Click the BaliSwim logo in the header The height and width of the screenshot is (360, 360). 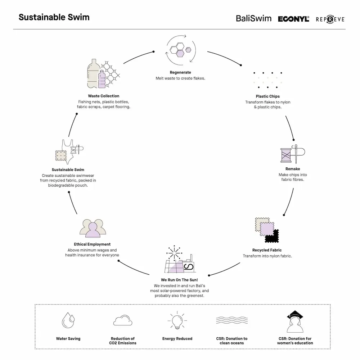click(253, 18)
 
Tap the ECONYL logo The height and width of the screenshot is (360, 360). click(293, 19)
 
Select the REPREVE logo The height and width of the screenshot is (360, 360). click(330, 19)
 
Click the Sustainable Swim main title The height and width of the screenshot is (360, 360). click(54, 17)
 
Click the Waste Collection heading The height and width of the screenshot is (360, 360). click(104, 96)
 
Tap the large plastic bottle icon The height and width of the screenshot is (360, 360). click(93, 73)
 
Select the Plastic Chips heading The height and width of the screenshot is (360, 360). click(268, 96)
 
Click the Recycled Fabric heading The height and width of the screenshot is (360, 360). click(267, 250)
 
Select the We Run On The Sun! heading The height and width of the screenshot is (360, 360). click(179, 280)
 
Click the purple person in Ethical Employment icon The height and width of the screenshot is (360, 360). click(93, 230)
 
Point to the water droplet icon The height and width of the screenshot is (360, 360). click(68, 320)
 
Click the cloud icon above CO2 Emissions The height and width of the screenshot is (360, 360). click(123, 320)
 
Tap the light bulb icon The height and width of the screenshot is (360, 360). click(177, 320)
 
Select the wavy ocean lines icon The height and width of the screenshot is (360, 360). click(232, 320)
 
